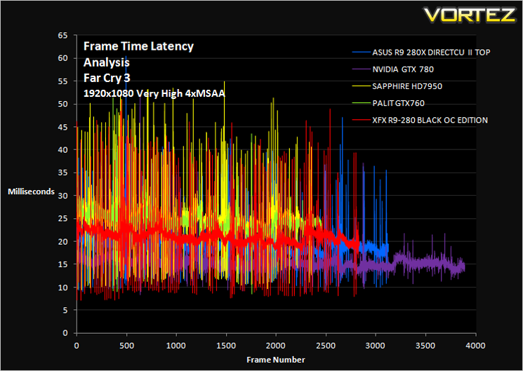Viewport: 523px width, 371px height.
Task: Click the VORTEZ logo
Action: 470,15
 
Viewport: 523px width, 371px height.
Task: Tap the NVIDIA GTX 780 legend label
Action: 403,69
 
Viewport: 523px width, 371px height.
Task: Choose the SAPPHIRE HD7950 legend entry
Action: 407,86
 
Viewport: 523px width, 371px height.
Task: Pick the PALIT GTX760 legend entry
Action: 398,103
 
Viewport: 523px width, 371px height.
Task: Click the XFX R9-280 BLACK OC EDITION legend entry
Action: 430,120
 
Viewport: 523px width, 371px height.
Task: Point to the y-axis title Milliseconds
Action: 31,191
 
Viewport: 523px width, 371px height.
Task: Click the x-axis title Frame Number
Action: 276,360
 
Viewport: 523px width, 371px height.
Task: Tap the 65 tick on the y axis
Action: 62,35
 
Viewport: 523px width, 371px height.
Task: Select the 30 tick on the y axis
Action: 62,196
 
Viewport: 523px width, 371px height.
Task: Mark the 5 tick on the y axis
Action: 65,310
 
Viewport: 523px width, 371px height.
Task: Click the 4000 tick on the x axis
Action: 476,346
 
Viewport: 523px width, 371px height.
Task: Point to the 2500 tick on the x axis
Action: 326,346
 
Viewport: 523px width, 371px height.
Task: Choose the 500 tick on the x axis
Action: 127,346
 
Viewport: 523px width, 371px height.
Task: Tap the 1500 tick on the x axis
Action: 226,346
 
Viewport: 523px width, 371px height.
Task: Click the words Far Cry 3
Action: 107,79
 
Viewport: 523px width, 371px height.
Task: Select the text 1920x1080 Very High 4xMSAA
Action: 154,94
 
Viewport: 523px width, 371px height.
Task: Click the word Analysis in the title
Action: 107,62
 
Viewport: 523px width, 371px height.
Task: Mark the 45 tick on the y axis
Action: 62,127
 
